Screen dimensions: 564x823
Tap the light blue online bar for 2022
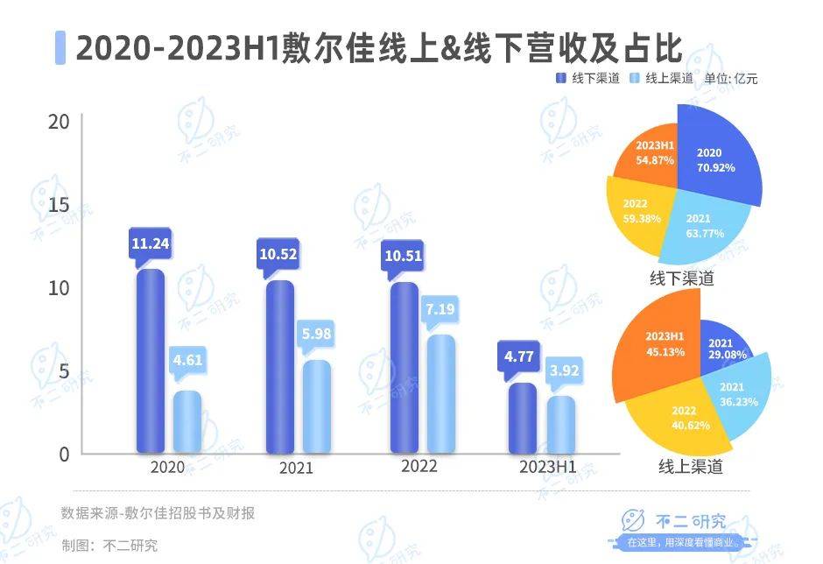[x=440, y=394]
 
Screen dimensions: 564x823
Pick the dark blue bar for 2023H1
[x=522, y=418]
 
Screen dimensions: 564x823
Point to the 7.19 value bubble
[x=440, y=309]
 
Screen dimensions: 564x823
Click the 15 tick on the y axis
[x=59, y=204]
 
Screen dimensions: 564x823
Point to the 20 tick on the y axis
[x=59, y=121]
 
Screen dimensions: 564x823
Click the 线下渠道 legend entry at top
[x=588, y=78]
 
